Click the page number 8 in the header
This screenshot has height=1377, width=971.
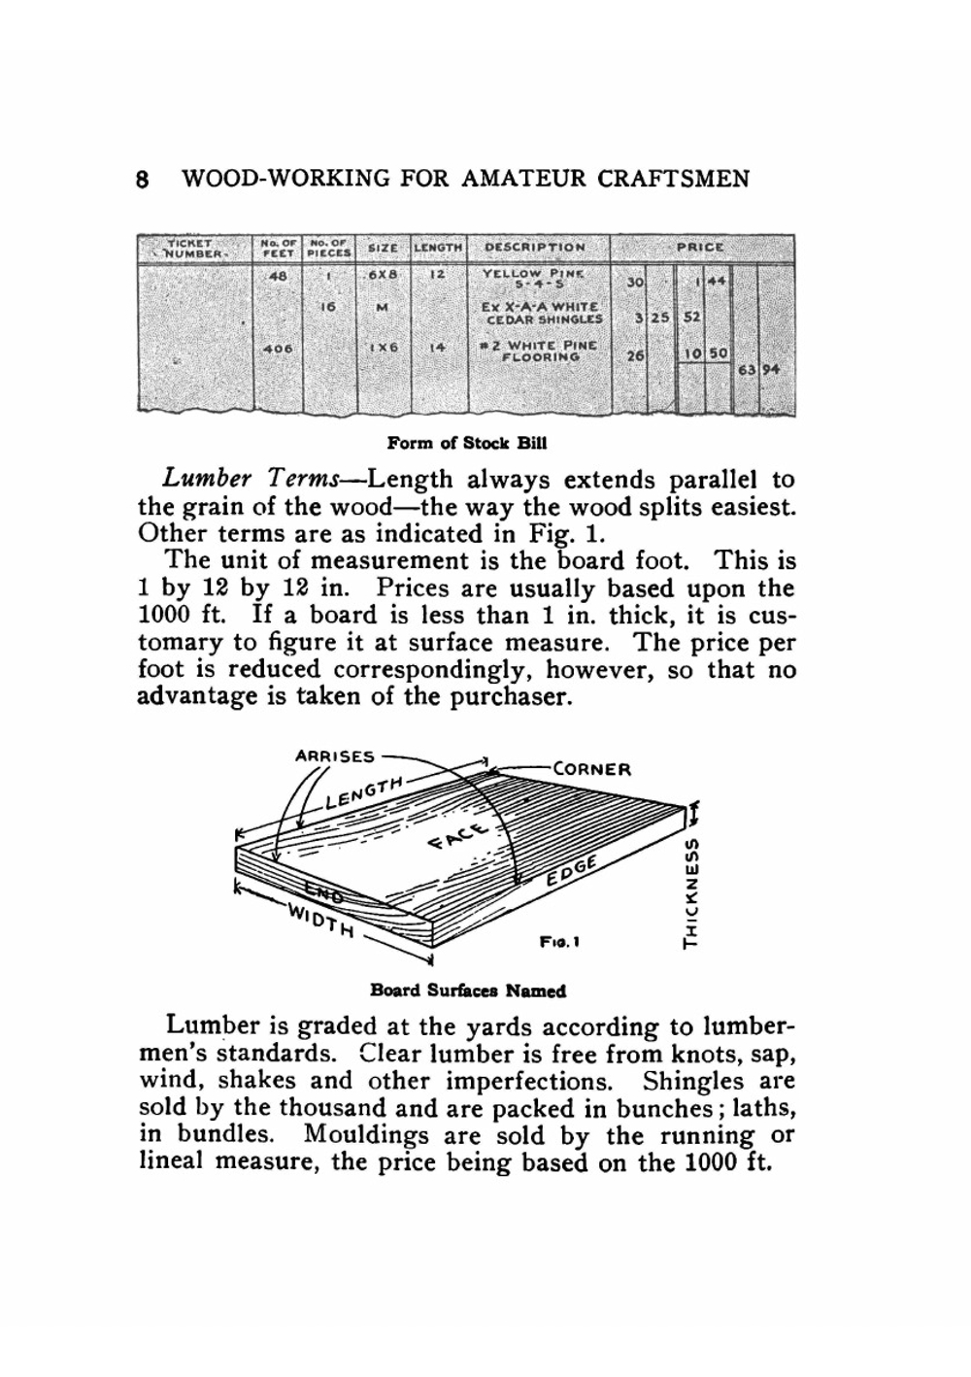pos(143,180)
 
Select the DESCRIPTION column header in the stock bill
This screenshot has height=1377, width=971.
pos(535,248)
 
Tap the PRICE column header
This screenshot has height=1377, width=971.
pos(700,247)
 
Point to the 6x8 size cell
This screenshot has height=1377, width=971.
pos(381,275)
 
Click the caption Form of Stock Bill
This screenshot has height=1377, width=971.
pos(467,444)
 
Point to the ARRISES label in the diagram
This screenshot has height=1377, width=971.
pos(334,756)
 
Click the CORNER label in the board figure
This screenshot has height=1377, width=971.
pos(591,769)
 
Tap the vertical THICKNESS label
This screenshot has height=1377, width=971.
pos(692,890)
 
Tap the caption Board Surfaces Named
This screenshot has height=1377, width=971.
pos(468,991)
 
